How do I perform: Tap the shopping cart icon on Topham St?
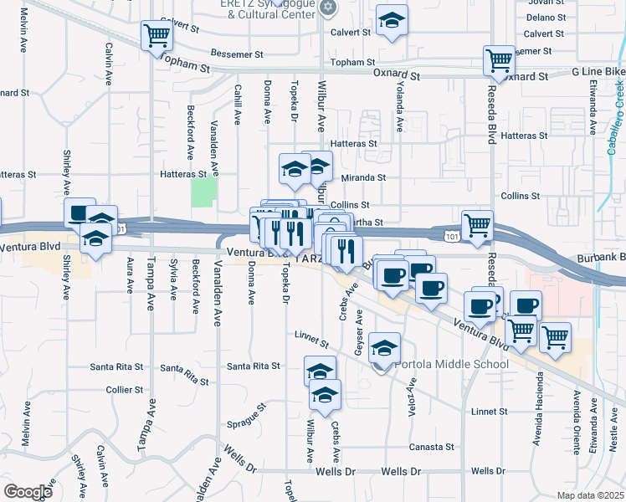click(156, 36)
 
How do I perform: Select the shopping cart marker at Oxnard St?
click(499, 61)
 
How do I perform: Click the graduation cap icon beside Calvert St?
click(391, 23)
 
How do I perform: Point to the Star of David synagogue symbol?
click(328, 8)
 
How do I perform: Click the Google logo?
click(28, 492)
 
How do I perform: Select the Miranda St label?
click(364, 177)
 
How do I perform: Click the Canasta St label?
click(431, 447)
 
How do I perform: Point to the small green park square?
click(203, 192)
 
